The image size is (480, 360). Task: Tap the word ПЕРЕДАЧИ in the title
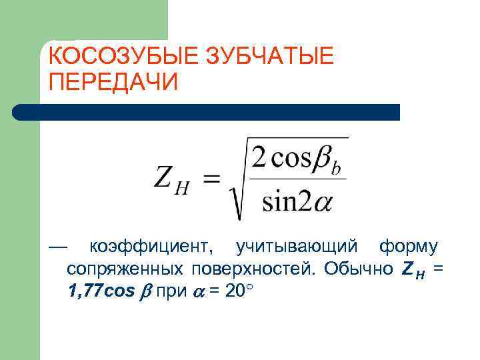[114, 83]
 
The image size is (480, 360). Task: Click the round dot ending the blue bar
[21, 112]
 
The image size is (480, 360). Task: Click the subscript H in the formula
[181, 189]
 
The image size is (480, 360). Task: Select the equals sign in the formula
[211, 179]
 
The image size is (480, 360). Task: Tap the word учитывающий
[300, 247]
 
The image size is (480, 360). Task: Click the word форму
[407, 247]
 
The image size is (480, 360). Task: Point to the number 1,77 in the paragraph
[85, 291]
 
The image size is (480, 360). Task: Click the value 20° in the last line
[238, 291]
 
